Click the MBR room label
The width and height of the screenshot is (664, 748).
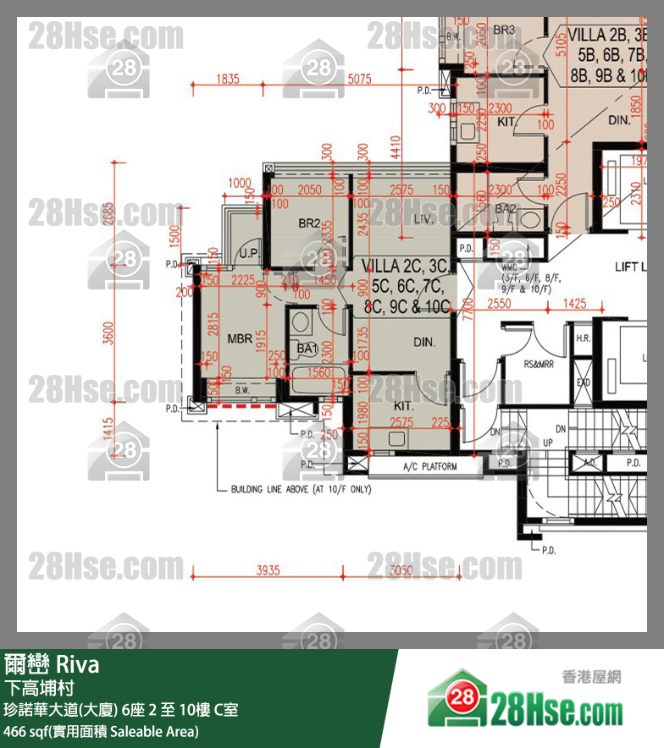[240, 338]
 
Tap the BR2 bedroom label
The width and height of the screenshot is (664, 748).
[309, 224]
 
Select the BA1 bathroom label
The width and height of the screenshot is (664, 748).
[305, 348]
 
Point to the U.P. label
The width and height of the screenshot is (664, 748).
[249, 253]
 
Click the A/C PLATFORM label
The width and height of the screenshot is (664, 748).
[429, 466]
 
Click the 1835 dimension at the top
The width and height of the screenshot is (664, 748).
[228, 80]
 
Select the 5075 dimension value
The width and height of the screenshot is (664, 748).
[359, 80]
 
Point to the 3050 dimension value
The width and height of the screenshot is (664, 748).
[401, 570]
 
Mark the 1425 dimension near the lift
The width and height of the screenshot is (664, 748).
[575, 303]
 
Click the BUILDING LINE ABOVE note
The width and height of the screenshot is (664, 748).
[301, 490]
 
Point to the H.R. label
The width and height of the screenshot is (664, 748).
[584, 338]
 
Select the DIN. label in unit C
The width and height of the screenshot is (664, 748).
[423, 343]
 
